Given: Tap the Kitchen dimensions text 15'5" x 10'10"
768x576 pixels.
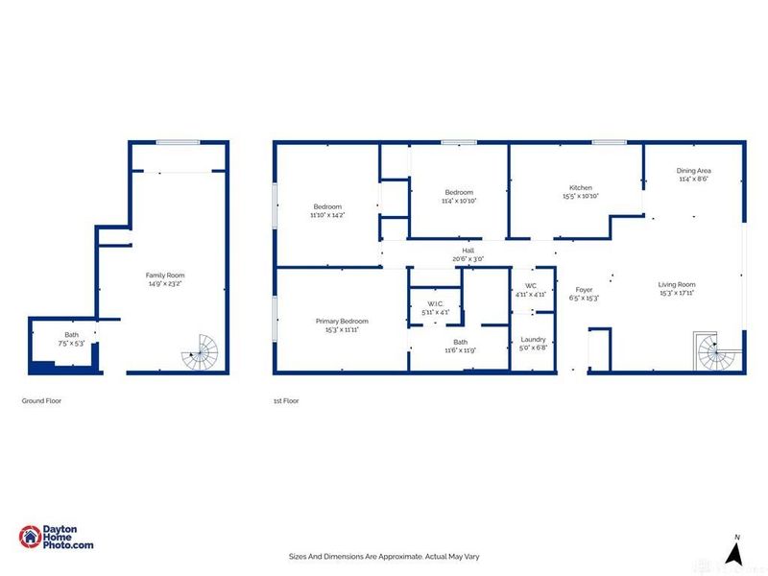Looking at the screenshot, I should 581,196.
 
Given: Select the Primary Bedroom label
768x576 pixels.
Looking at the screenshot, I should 343,321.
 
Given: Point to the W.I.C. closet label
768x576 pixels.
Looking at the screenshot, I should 434,304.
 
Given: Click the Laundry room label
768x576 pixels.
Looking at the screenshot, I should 533,339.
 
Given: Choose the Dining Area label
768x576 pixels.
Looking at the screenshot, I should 694,170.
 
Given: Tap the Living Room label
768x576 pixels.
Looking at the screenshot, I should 677,284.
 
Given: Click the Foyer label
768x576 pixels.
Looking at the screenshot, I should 584,289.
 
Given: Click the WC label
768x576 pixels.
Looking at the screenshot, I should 530,286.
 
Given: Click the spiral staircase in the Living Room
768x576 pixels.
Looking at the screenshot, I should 714,354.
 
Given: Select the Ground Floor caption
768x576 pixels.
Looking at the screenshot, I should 41,400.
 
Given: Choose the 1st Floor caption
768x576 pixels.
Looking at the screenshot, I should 286,400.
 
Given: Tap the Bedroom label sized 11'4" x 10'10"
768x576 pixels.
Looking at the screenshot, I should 459,192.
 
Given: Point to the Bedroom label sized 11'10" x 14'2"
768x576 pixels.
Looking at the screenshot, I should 327,206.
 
